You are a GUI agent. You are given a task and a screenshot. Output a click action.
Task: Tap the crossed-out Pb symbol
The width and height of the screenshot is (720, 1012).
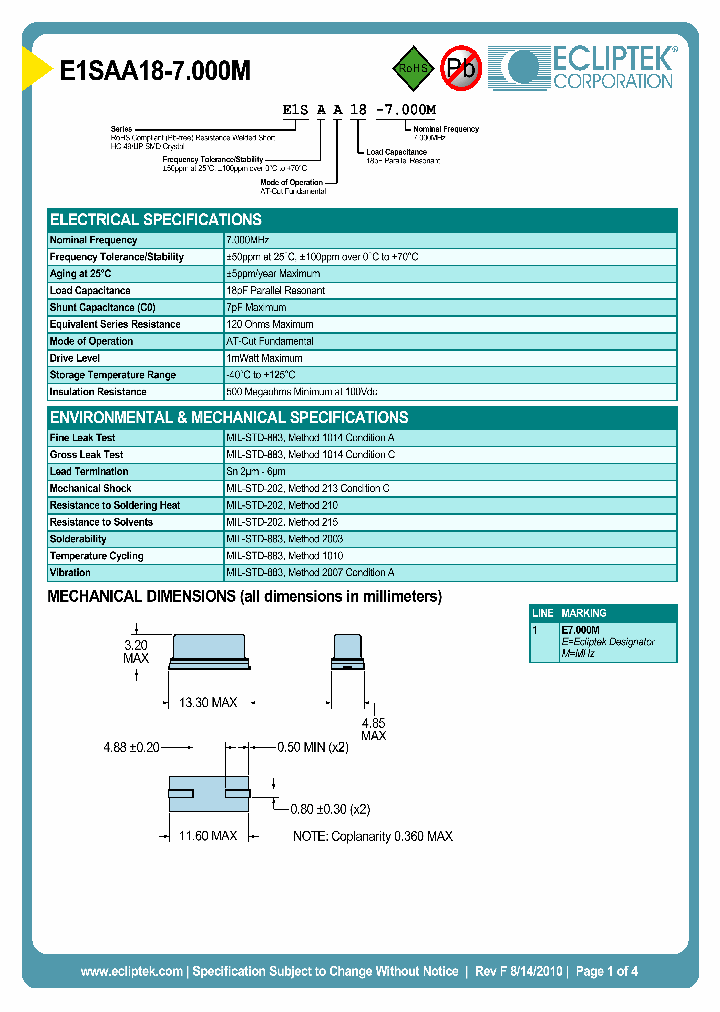pos(462,68)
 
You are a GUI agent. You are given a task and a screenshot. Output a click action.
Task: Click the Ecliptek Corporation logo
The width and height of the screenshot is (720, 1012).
pos(591,67)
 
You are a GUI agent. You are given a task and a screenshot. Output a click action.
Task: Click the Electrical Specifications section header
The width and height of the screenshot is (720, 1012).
pos(156,220)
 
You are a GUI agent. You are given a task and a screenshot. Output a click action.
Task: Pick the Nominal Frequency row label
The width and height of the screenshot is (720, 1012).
pos(94,240)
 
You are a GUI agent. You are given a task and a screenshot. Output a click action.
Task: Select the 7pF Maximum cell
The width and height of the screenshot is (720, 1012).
pos(257,307)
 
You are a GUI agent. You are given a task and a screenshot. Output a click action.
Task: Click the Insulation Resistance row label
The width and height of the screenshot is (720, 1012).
pos(98,392)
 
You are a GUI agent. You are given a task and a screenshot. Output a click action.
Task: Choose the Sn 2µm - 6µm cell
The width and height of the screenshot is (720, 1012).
pos(256,471)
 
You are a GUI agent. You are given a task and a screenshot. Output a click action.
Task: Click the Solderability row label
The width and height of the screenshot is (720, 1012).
pos(78,539)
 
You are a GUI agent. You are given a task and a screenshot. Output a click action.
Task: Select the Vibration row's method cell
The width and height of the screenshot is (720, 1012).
pos(310,573)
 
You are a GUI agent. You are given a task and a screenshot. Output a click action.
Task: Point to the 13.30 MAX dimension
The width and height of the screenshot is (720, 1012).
pos(207,703)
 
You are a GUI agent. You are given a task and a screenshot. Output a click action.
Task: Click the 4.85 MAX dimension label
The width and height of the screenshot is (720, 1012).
pos(373,729)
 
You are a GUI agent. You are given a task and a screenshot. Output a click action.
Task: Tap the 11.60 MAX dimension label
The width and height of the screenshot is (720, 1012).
pos(207,835)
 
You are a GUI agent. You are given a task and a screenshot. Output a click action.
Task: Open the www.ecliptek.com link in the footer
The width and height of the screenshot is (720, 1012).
pos(131,971)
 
